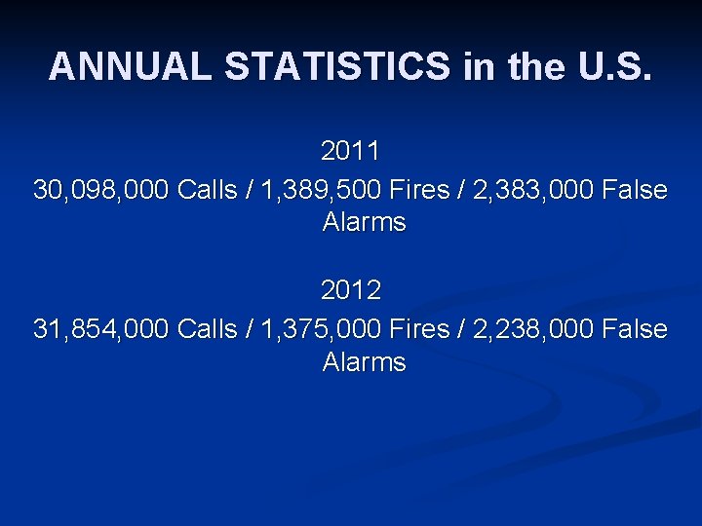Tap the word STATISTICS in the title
click(x=337, y=67)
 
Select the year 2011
click(x=351, y=153)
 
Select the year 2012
click(x=351, y=291)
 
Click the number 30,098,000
click(x=101, y=189)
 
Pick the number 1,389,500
click(x=320, y=189)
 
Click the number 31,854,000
click(x=101, y=329)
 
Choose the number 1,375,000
click(x=320, y=329)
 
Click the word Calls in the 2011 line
click(x=208, y=189)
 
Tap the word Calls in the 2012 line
click(x=208, y=329)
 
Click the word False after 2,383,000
click(x=636, y=189)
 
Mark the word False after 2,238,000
click(x=636, y=329)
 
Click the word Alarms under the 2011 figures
click(x=364, y=222)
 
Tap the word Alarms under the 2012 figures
click(x=364, y=362)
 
